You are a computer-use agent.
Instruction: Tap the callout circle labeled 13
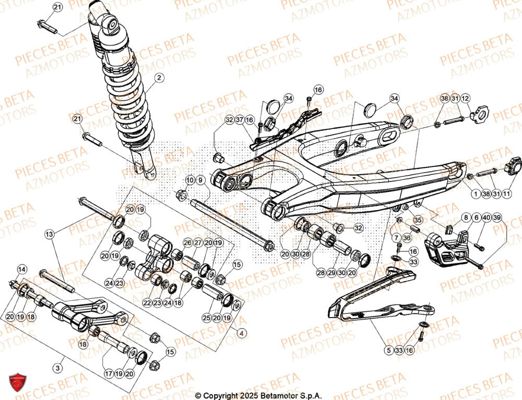[x=49, y=235]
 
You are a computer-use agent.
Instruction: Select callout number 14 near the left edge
[x=21, y=270]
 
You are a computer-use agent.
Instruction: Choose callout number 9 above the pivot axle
[x=200, y=180]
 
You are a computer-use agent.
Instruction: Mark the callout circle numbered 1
[x=474, y=194]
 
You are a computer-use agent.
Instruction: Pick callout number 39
[x=496, y=217]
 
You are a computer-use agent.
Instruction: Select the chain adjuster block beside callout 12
[x=479, y=113]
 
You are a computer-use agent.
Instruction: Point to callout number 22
[x=147, y=303]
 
